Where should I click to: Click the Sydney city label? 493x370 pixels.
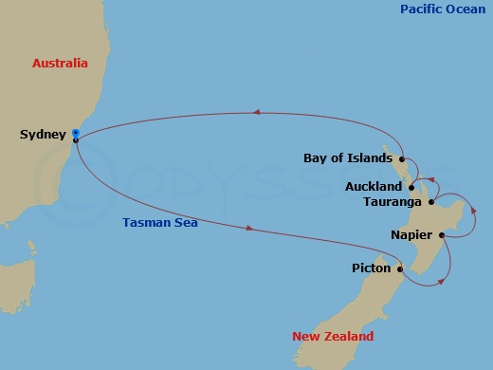[x=43, y=135]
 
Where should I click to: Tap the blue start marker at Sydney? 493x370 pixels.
[x=75, y=133]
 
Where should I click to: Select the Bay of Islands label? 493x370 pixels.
[x=348, y=157]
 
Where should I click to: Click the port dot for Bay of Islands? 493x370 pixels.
[x=403, y=158]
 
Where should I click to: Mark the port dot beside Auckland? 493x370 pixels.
[x=411, y=187]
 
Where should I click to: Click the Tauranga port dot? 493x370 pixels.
[x=431, y=201]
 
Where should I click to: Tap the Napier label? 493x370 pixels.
[x=412, y=234]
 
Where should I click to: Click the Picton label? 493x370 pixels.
[x=371, y=268]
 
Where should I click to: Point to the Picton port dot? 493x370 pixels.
[x=400, y=269]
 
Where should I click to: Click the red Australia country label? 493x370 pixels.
[x=60, y=64]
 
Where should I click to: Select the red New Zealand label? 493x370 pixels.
[x=332, y=337]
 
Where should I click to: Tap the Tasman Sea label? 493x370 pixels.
[x=158, y=223]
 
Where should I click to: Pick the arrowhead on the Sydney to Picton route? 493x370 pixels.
[x=249, y=229]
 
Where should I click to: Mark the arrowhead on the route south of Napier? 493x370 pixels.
[x=441, y=281]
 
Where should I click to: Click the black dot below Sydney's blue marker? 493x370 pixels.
[x=75, y=140]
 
